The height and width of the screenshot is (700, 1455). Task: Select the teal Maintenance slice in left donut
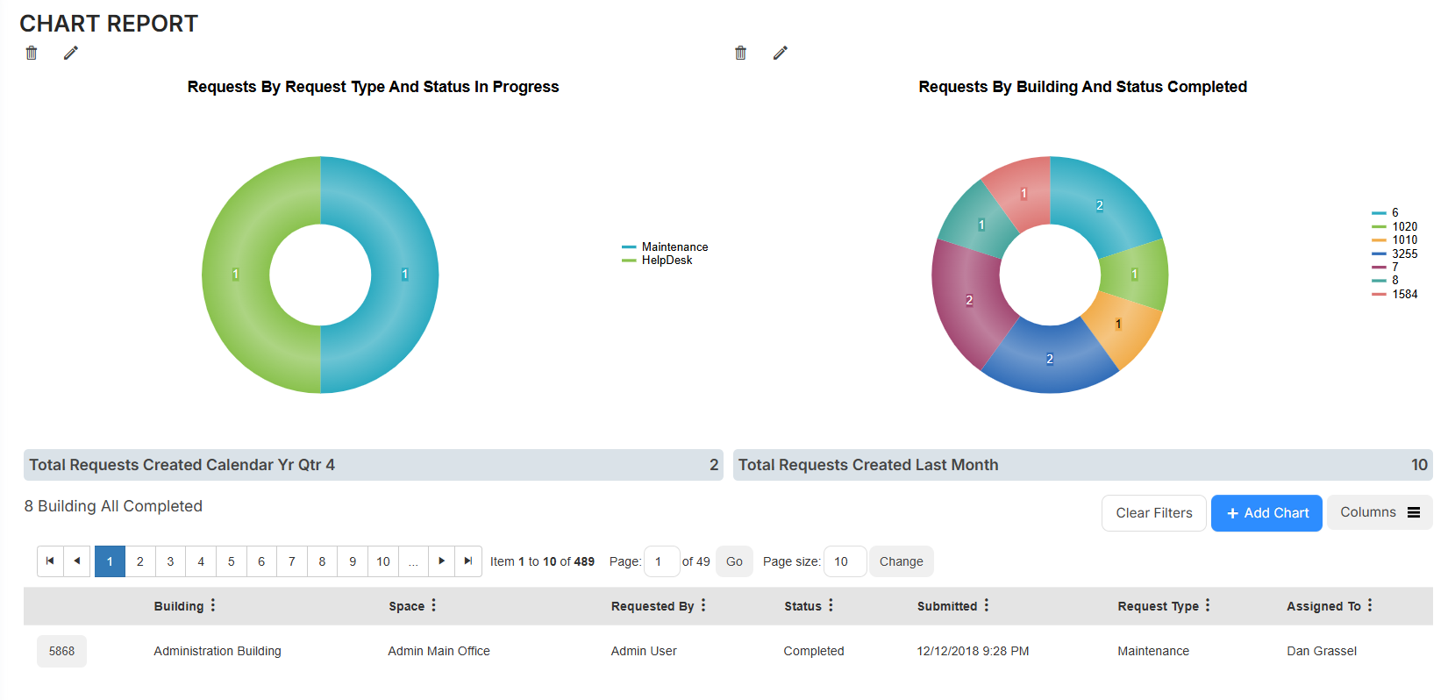click(x=403, y=275)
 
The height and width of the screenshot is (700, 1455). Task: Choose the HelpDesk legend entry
click(x=666, y=261)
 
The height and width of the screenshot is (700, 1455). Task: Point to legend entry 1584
click(x=1403, y=295)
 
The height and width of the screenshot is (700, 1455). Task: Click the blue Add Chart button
click(x=1266, y=513)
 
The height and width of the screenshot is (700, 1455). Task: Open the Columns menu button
click(x=1379, y=512)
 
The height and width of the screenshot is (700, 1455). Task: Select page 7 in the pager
click(x=292, y=561)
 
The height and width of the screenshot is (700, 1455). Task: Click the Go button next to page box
click(x=734, y=561)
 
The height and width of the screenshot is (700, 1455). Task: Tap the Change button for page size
click(x=901, y=561)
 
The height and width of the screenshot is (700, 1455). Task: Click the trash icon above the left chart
click(x=32, y=53)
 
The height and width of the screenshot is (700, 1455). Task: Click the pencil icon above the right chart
click(x=780, y=53)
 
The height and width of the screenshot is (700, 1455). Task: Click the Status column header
click(x=802, y=606)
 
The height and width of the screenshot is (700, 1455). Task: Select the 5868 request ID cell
click(x=61, y=651)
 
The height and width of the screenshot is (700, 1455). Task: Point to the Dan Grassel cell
click(x=1321, y=651)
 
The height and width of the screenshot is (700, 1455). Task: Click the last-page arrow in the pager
click(x=468, y=561)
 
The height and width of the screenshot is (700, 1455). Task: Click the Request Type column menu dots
click(x=1208, y=605)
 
